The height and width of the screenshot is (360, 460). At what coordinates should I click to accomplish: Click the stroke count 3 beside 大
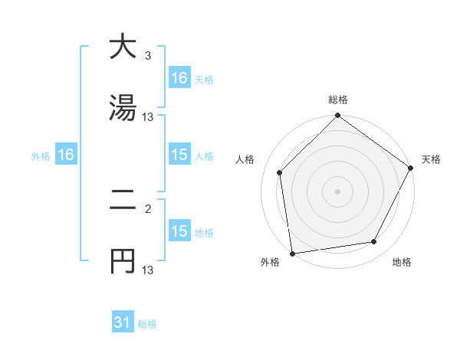click(147, 56)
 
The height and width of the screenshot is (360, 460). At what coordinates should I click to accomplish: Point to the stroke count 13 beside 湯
click(148, 117)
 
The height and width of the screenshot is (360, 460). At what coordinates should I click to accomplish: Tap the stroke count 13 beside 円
click(148, 270)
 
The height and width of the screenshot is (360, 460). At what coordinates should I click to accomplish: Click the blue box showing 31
click(123, 322)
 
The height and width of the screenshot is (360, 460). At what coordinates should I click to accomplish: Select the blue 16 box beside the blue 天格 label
click(179, 78)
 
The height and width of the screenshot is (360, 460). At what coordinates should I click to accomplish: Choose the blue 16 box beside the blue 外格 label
click(66, 155)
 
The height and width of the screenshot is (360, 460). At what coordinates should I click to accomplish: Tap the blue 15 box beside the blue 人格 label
click(179, 155)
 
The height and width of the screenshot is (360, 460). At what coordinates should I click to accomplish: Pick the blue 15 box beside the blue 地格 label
click(179, 231)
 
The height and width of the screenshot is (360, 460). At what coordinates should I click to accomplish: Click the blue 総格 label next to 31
click(147, 324)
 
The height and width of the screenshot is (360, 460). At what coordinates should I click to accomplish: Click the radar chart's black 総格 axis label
click(338, 100)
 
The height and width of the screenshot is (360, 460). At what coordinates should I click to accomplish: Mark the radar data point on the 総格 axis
click(338, 116)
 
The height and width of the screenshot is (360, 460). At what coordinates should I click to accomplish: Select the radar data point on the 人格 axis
click(280, 172)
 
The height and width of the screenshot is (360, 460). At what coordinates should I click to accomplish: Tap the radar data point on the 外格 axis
click(292, 253)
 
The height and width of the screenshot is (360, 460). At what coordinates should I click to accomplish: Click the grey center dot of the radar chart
click(338, 191)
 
